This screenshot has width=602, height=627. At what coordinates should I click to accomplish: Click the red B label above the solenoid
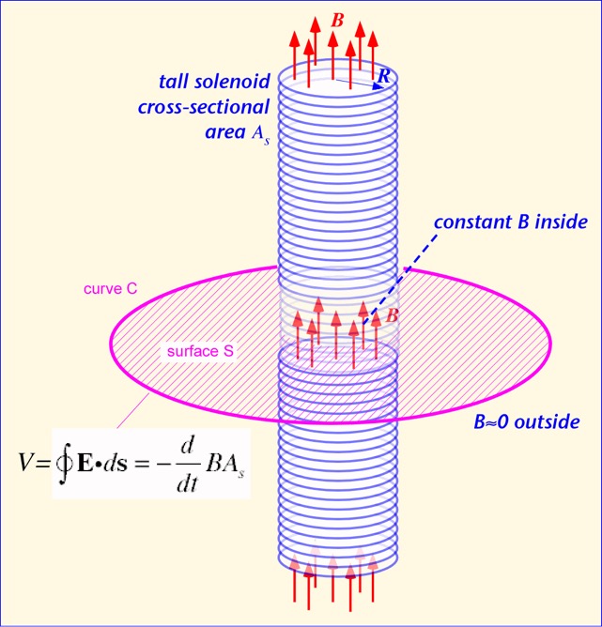point(337,19)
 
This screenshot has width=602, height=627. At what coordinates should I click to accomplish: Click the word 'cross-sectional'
point(207,106)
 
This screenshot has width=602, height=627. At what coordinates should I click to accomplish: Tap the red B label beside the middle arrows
point(393,316)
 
